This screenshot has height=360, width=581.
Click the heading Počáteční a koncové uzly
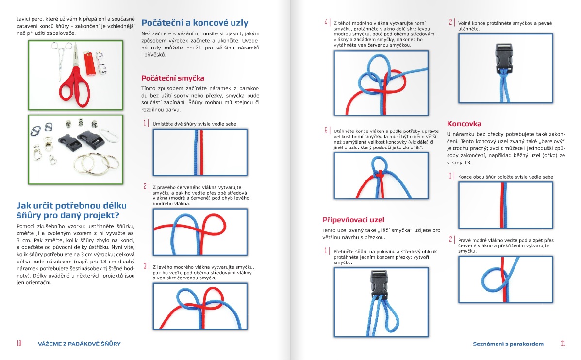194,22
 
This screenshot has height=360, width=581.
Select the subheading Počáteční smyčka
172,78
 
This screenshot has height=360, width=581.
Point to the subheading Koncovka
464,124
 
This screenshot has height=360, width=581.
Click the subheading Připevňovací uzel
353,220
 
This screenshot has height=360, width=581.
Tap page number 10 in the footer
19,344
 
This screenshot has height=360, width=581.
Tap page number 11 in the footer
563,344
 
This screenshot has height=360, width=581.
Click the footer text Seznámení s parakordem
508,344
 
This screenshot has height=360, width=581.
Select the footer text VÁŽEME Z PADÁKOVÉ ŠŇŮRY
79,344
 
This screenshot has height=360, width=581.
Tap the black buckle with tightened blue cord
505,57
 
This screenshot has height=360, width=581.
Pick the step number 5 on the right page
327,131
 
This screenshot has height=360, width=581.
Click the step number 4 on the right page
327,22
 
